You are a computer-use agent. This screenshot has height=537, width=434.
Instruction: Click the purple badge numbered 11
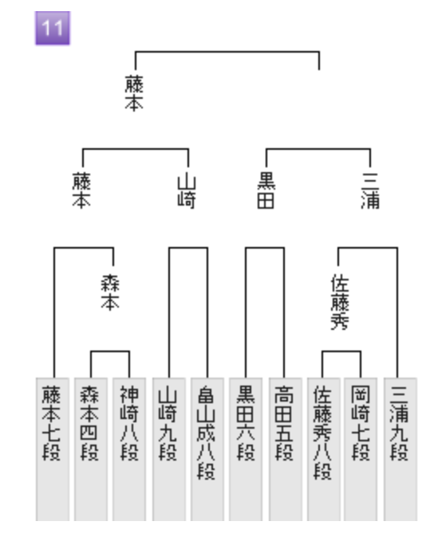pyautogui.click(x=53, y=28)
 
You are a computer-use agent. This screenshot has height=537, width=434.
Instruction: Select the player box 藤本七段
pyautogui.click(x=53, y=449)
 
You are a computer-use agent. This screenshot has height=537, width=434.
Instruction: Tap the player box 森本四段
pyautogui.click(x=91, y=449)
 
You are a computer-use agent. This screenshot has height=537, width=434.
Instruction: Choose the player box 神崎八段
pyautogui.click(x=129, y=449)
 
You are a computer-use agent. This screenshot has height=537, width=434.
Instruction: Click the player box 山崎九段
pyautogui.click(x=168, y=449)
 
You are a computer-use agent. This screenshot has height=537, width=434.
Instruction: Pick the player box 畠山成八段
pyautogui.click(x=207, y=449)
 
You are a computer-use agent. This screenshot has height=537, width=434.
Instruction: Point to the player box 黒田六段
pyautogui.click(x=246, y=449)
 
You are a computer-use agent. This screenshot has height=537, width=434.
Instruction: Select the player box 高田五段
pyautogui.click(x=285, y=449)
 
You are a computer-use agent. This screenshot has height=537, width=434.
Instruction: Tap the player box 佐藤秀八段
pyautogui.click(x=323, y=449)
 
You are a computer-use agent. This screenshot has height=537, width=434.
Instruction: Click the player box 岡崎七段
pyautogui.click(x=361, y=449)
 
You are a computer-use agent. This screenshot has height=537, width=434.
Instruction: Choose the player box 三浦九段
pyautogui.click(x=400, y=449)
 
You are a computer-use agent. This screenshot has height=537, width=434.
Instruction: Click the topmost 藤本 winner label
pyautogui.click(x=134, y=93)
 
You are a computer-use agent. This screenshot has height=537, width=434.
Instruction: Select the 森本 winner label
pyautogui.click(x=110, y=292)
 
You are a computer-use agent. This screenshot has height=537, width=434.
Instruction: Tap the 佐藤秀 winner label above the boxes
pyautogui.click(x=340, y=302)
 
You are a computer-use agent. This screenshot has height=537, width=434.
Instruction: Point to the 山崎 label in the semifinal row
pyautogui.click(x=187, y=191)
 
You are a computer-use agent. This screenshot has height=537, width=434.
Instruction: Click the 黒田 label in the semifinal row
pyautogui.click(x=266, y=190)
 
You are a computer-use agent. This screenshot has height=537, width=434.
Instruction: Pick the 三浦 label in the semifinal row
pyautogui.click(x=371, y=190)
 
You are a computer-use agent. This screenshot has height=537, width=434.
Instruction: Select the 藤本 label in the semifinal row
pyautogui.click(x=81, y=190)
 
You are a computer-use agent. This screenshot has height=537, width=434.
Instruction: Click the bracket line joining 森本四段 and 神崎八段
pyautogui.click(x=110, y=351)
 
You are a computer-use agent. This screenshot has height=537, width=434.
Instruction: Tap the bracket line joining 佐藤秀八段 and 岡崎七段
pyautogui.click(x=341, y=351)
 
